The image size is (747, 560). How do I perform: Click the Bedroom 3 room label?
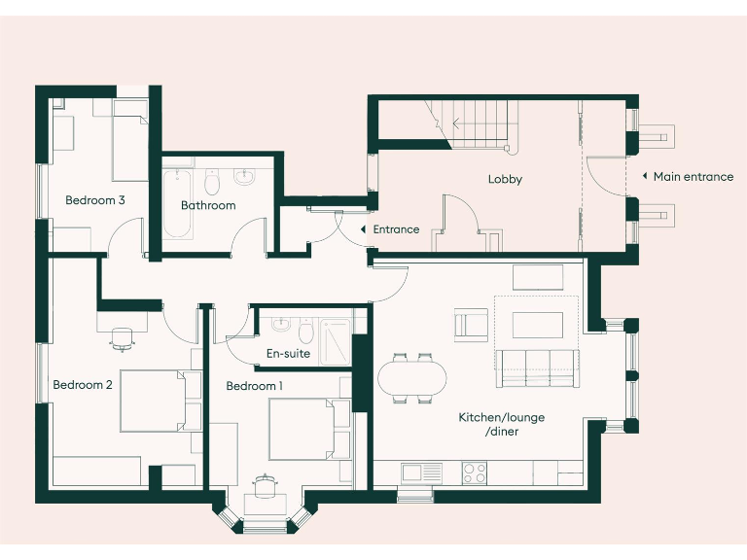pos(94,200)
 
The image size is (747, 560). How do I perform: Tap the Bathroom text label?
pos(208,205)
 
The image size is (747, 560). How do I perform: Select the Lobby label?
pos(505,179)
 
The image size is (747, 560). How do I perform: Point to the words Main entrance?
pos(693,177)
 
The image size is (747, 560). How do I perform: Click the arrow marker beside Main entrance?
pos(644,177)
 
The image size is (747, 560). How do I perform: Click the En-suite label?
pos(288,354)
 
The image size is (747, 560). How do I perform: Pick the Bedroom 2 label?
pos(83,385)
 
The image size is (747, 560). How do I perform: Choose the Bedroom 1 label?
pos(254,386)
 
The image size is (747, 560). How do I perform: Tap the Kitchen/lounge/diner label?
pos(501,424)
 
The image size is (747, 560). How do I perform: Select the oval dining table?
pos(412,376)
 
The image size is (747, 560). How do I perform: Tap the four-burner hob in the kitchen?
pos(475,473)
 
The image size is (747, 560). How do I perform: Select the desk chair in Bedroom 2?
pos(122,337)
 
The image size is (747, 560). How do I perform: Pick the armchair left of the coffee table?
pos(472,324)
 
